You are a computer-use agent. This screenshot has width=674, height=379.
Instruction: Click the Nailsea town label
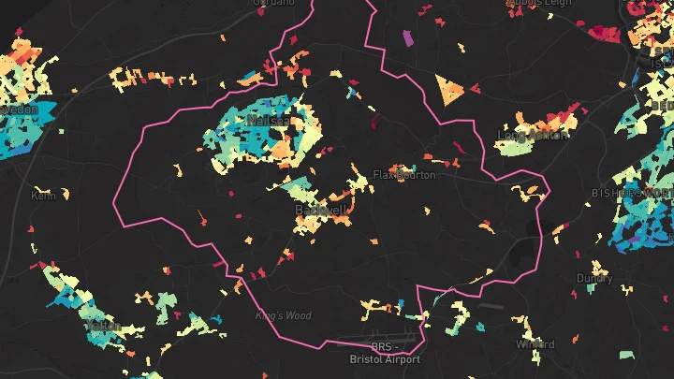(x=263, y=122)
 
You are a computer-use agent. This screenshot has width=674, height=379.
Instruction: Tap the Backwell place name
(x=321, y=211)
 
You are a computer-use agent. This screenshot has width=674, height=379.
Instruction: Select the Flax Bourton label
(x=404, y=175)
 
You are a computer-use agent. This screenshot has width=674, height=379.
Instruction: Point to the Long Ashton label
(x=533, y=136)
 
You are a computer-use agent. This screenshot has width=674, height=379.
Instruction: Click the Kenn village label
(x=43, y=196)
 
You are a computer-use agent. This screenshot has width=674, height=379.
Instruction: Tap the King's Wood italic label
(x=283, y=315)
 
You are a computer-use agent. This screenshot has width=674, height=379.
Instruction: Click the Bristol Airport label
(x=384, y=359)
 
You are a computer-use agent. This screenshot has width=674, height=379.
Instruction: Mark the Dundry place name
(x=594, y=279)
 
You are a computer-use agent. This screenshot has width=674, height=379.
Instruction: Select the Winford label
(x=535, y=344)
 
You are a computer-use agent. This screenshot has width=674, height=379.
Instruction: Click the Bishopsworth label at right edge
(x=632, y=192)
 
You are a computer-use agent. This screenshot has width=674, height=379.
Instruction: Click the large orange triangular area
(x=450, y=89)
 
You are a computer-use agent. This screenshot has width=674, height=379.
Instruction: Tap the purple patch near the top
(x=407, y=38)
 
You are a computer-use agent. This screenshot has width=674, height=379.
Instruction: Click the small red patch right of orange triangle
(x=475, y=91)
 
